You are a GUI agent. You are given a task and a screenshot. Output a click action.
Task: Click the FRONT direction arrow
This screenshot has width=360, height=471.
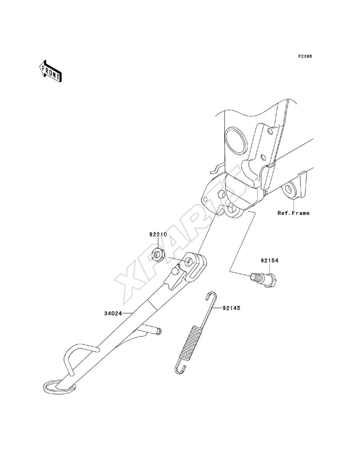[50, 71]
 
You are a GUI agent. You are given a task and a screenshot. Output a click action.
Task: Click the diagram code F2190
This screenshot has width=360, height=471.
[305, 56]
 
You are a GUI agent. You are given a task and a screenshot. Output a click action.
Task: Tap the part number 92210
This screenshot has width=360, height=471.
[158, 235]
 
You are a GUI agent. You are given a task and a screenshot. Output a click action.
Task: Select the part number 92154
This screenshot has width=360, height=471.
[270, 261]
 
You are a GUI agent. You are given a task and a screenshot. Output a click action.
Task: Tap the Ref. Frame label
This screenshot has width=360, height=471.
[293, 213]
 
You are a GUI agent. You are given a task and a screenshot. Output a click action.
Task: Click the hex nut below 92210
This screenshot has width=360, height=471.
[158, 254]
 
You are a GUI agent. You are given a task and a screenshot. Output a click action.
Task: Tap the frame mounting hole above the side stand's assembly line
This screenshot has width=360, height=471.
[231, 209]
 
